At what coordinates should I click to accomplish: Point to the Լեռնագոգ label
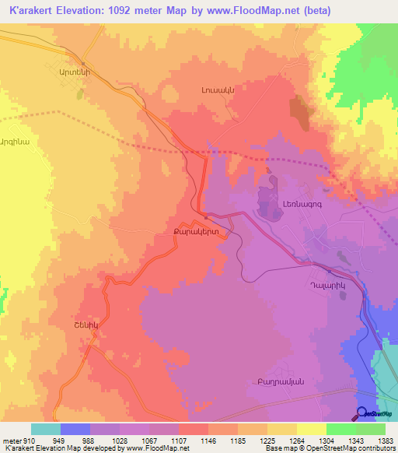pyautogui.click(x=294, y=205)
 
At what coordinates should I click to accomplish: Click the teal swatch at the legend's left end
pyautogui.click(x=45, y=429)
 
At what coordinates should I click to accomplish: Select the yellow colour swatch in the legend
pyautogui.click(x=311, y=429)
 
